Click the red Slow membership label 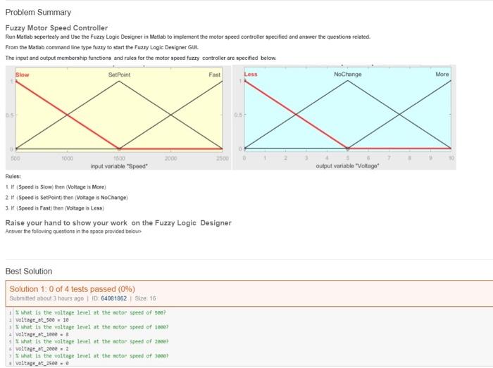pos(23,74)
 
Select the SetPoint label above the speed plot pos(119,74)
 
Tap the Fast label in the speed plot pos(215,74)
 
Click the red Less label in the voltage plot pos(251,74)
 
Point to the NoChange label pos(347,74)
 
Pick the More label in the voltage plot pos(442,74)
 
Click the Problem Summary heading pos(38,13)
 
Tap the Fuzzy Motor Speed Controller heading pos(56,28)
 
